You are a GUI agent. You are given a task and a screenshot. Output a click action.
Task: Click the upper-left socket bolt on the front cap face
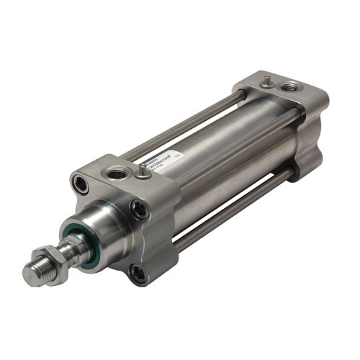tap(81, 185)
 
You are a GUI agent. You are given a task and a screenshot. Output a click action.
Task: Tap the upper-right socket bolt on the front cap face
tap(137, 210)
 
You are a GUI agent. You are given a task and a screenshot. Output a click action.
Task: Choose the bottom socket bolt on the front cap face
tap(135, 271)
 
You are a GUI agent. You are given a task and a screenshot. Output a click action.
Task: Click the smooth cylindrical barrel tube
tap(216, 166)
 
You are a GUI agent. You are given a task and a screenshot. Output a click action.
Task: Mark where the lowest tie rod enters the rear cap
tap(289, 173)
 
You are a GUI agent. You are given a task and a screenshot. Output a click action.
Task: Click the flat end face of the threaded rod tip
tap(27, 275)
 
